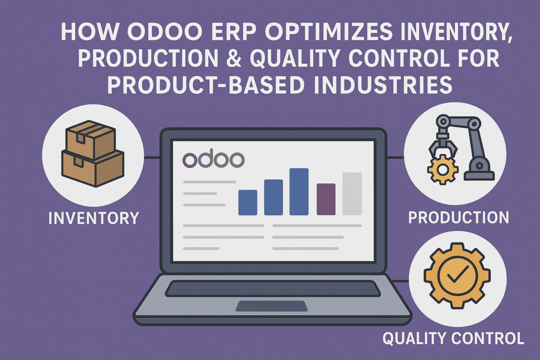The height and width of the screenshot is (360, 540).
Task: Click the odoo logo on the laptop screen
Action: coord(213,160)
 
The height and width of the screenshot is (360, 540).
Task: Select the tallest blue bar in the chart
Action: coord(298,192)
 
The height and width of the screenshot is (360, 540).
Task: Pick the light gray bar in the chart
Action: coord(352,193)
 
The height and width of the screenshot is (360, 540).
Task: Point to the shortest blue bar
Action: coord(248,202)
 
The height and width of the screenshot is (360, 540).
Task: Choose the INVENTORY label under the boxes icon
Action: coord(94,217)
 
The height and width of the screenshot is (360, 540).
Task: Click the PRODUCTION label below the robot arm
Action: coord(458,217)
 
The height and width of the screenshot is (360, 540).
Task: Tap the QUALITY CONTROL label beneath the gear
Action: coord(453,338)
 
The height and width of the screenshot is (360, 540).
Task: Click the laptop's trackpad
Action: coord(272,306)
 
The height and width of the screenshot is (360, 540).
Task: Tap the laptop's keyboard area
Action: coord(272,288)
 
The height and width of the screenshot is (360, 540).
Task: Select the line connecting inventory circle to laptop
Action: coord(151,157)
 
